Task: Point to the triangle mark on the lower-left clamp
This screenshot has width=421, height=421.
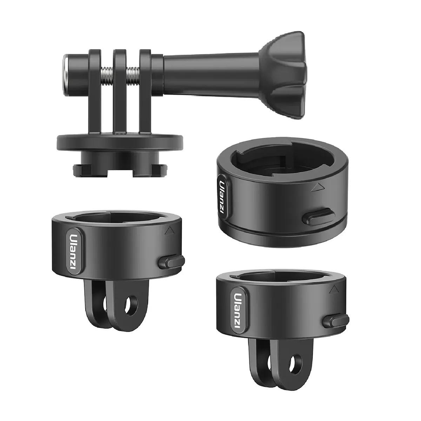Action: [x=170, y=230]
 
